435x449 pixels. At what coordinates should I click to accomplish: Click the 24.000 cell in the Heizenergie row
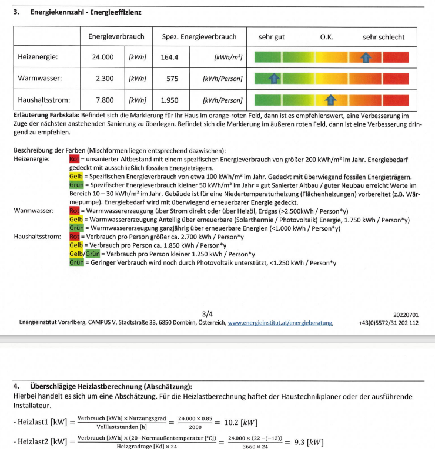pyautogui.click(x=103, y=58)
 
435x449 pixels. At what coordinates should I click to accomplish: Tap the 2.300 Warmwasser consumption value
pyautogui.click(x=105, y=78)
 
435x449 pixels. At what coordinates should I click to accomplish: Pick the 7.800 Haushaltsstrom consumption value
pyautogui.click(x=105, y=100)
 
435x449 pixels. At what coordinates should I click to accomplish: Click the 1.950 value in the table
pyautogui.click(x=170, y=100)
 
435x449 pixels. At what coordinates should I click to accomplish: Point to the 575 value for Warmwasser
pyautogui.click(x=172, y=78)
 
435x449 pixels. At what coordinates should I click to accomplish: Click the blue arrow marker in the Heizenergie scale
pyautogui.click(x=366, y=57)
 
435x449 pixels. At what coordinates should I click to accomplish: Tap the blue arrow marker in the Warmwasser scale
pyautogui.click(x=273, y=78)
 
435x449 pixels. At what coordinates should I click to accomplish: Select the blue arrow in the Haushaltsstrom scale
pyautogui.click(x=330, y=100)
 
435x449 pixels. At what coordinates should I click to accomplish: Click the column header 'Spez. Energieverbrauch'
pyautogui.click(x=199, y=36)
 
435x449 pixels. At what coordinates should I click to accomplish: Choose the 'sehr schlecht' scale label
pyautogui.click(x=383, y=37)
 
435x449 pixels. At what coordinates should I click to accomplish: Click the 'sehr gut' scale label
pyautogui.click(x=272, y=37)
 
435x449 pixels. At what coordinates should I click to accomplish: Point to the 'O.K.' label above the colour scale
pyautogui.click(x=327, y=37)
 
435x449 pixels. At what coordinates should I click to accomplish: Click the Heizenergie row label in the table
pyautogui.click(x=38, y=58)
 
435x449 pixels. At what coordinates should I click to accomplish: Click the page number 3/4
pyautogui.click(x=207, y=315)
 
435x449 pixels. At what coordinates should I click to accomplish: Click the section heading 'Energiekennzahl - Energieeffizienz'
pyautogui.click(x=85, y=12)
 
